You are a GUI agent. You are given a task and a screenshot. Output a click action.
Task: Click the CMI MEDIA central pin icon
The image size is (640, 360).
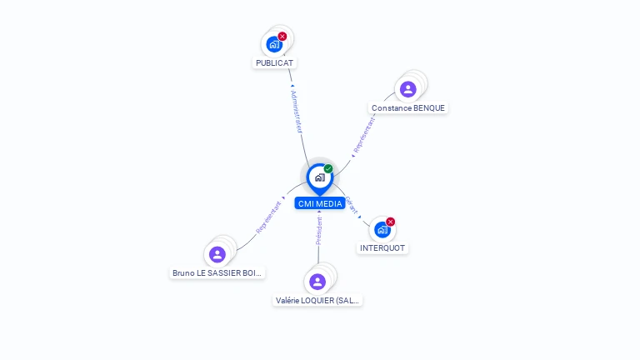319,177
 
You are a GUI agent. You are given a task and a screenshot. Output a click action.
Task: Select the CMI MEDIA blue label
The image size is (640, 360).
319,203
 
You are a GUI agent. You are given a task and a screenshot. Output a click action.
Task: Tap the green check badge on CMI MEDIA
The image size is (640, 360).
328,168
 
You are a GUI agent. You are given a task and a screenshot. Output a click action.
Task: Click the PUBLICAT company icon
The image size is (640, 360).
274,44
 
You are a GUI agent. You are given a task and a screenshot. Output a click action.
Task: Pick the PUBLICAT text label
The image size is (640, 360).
275,62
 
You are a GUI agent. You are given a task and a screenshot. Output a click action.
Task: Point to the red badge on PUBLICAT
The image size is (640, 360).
282,36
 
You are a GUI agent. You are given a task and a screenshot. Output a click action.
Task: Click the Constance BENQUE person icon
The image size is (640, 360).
407,89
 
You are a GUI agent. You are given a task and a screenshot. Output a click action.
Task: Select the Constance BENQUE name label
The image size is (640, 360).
408,107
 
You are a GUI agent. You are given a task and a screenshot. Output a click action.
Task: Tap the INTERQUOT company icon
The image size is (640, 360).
382,229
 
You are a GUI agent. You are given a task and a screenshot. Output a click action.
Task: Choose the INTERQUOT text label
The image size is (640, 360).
383,247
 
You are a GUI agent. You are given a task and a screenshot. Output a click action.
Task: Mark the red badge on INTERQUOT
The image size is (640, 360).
391,222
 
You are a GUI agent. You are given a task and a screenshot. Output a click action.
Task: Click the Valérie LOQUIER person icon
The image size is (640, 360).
317,282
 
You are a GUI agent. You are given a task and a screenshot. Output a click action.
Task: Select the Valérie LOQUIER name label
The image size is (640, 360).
318,300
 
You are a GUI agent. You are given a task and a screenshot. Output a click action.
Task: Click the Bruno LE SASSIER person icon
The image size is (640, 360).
217,254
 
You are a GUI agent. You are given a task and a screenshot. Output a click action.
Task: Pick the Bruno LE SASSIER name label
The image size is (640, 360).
217,272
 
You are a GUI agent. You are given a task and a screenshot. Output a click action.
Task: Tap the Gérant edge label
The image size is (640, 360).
352,206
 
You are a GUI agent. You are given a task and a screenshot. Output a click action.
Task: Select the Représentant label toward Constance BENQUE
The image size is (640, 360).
364,135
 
